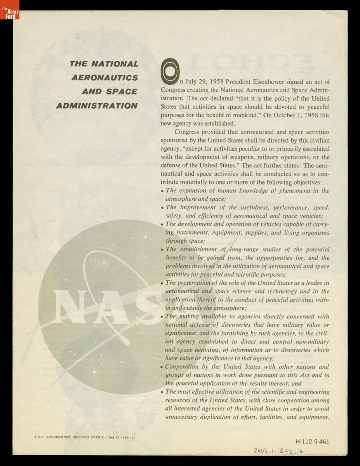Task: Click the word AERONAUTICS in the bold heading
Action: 105,77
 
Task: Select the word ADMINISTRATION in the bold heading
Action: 97,106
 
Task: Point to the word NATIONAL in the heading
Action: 117,63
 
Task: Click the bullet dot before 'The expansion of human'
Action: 162,191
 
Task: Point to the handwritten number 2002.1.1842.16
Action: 278,451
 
